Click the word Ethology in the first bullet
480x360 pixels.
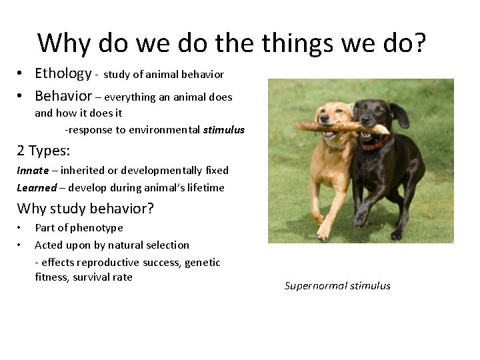[x=63, y=73]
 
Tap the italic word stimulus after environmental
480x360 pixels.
[x=224, y=130]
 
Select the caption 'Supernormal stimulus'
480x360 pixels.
[x=337, y=286]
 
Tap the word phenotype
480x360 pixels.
[x=100, y=228]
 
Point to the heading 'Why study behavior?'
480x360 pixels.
[x=85, y=209]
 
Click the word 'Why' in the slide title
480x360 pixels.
[x=65, y=44]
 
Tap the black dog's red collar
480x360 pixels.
[x=375, y=143]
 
